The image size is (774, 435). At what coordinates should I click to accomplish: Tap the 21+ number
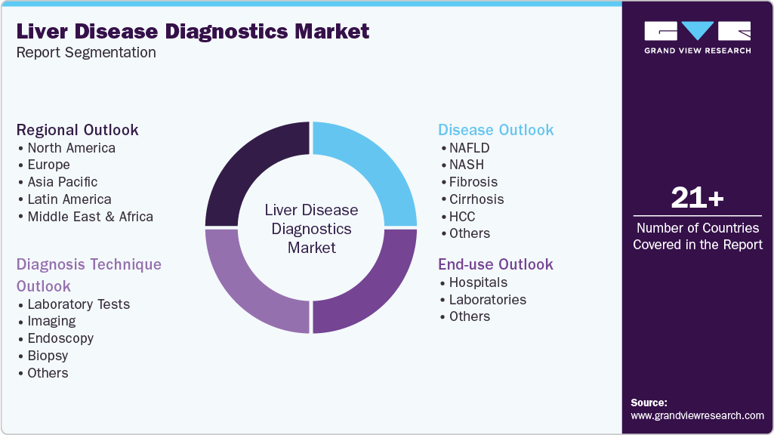click(x=697, y=199)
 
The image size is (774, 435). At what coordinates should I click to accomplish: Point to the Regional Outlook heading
click(x=78, y=130)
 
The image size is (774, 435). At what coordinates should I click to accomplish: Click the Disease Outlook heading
click(x=496, y=130)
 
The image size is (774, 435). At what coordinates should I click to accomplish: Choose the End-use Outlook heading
click(x=496, y=264)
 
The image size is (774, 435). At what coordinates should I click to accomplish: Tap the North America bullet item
click(x=71, y=148)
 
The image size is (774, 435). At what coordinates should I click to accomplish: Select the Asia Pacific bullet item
click(x=62, y=182)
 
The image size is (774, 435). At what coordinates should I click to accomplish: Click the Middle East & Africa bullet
click(x=90, y=217)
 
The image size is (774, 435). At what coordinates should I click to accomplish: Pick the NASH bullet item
click(x=466, y=165)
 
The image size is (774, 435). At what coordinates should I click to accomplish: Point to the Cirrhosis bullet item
click(x=476, y=199)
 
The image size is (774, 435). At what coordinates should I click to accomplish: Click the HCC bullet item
click(x=462, y=217)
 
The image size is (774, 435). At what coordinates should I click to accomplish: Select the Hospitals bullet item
click(x=478, y=282)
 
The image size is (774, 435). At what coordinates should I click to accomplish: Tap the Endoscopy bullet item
click(x=60, y=338)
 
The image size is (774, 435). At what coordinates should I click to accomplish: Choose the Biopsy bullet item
click(x=48, y=356)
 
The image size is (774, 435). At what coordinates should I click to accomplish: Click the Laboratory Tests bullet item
click(x=79, y=304)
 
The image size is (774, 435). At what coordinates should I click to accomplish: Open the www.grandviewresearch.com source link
click(x=697, y=415)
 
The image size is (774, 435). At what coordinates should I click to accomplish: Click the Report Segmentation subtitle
click(x=86, y=53)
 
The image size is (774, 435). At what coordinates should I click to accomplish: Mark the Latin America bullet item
click(x=69, y=199)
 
